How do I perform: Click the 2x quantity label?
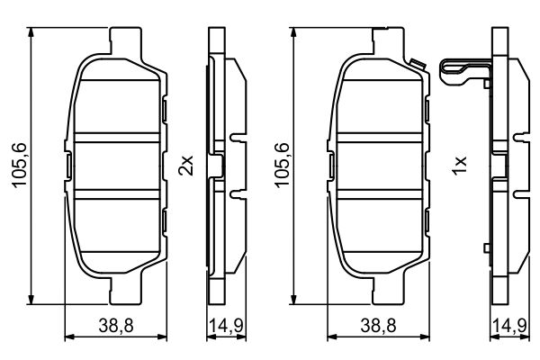[185, 166]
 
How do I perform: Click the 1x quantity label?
[459, 166]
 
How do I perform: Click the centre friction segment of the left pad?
[116, 166]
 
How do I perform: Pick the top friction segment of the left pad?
[116, 106]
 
